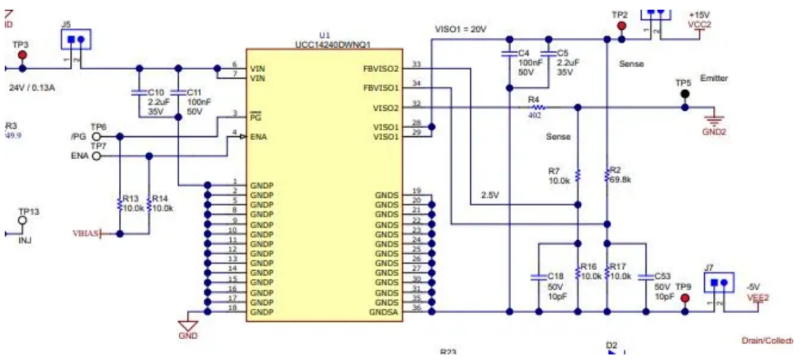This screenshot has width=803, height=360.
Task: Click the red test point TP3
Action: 22,56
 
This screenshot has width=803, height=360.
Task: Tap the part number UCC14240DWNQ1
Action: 324,44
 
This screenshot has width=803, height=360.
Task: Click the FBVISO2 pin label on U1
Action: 381,69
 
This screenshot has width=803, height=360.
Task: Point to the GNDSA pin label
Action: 385,312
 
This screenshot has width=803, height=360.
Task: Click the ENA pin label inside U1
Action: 260,137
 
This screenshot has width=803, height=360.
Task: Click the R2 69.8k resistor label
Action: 619,175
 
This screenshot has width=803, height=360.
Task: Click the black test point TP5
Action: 684,94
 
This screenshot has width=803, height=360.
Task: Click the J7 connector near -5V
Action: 718,283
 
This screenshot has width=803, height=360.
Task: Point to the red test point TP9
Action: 685,298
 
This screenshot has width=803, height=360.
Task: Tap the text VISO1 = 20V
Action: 460,29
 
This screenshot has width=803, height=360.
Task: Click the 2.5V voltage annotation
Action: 489,195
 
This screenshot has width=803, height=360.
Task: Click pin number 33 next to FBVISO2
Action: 416,65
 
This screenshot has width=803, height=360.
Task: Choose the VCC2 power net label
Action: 700,25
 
